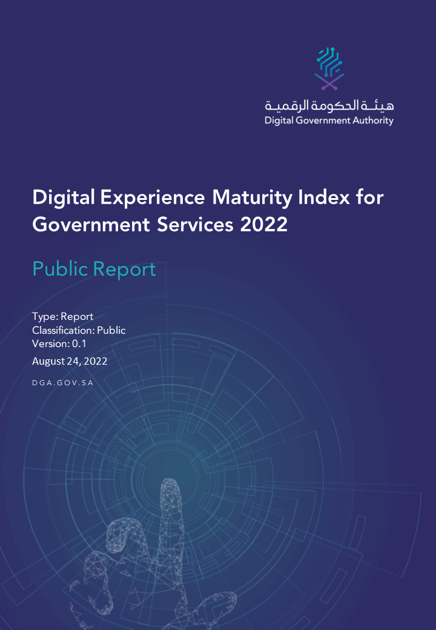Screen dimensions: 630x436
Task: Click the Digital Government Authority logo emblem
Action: (329, 68)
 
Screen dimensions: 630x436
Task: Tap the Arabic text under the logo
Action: (329, 105)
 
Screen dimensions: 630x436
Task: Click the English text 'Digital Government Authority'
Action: (329, 120)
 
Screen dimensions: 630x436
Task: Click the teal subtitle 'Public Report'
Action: (94, 269)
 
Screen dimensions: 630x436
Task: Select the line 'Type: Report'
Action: (62, 316)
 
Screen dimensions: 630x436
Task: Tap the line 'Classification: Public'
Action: (79, 330)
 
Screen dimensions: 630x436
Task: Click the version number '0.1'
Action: (80, 343)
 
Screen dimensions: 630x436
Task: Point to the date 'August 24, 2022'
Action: (70, 362)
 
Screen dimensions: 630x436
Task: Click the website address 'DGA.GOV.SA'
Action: (62, 383)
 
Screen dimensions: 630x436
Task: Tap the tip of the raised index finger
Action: (171, 485)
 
